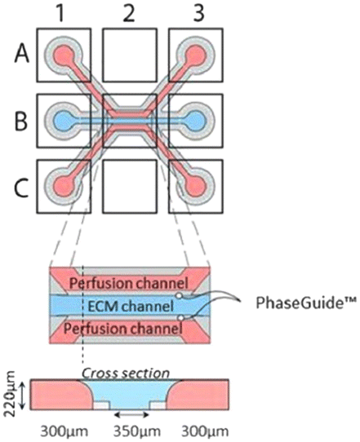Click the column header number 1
pos(60,13)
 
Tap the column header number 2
pos(129,13)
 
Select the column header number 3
pos(198,13)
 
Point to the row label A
pos(22,55)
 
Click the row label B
pos(21,122)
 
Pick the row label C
pos(21,188)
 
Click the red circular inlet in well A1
pos(64,54)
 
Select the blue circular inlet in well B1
pos(64,121)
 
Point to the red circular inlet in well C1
pos(64,187)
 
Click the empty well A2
pos(130,55)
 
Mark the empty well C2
pos(130,186)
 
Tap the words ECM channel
pos(131,306)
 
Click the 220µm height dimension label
pos(11,394)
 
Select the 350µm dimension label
pos(137,431)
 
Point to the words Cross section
pos(126,373)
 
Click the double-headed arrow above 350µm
pos(131,414)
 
